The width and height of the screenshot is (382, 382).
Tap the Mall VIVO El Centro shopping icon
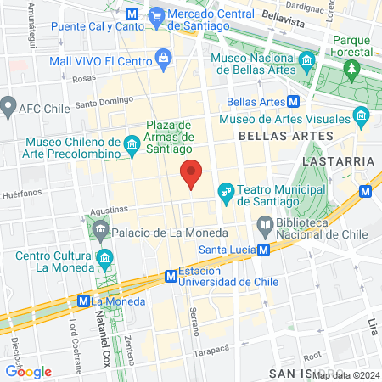point(164,59)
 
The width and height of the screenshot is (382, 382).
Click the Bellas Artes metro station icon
point(294,102)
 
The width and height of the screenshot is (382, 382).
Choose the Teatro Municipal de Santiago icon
point(227,193)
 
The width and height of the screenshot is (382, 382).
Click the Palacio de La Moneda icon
point(101,228)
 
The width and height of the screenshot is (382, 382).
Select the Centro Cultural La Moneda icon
point(105,256)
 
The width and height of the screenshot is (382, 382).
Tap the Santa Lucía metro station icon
point(265,250)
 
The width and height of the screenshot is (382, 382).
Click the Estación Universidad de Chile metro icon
point(171,276)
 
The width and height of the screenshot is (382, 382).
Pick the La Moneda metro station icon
point(83,301)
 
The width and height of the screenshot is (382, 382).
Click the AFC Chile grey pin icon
point(9,107)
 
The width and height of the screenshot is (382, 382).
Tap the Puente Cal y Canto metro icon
point(132,14)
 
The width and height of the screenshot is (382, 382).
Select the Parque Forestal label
point(352,46)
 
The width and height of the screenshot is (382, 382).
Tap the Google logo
point(28,371)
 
